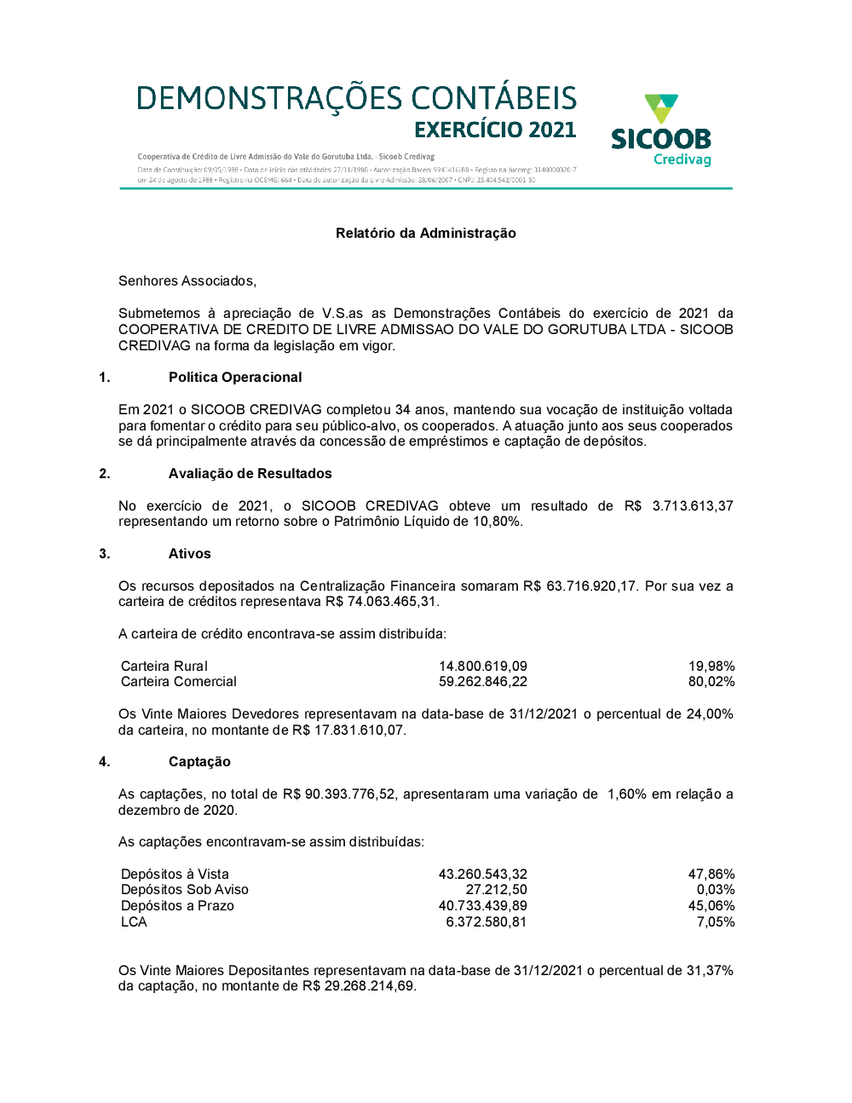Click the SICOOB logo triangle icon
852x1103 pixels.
(x=661, y=109)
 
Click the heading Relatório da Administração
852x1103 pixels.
(x=426, y=234)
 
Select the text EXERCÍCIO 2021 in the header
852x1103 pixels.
(x=495, y=130)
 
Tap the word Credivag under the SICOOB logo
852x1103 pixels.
(x=682, y=159)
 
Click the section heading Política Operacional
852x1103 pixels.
(x=235, y=378)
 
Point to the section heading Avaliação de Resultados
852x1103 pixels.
(x=250, y=474)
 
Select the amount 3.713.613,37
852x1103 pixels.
(x=693, y=506)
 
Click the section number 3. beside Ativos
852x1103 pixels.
(x=105, y=554)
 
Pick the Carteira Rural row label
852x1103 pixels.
(x=164, y=667)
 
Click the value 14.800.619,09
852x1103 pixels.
(x=483, y=667)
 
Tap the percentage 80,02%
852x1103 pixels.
(x=711, y=682)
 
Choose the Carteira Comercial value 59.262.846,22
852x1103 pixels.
(x=483, y=682)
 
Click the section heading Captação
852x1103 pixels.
(x=199, y=762)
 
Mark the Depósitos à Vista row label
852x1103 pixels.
(x=175, y=875)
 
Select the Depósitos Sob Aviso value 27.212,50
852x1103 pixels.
(x=496, y=890)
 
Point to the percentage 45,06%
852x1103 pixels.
(x=711, y=906)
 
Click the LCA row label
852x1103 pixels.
(x=134, y=922)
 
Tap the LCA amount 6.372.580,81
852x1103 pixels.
(x=486, y=922)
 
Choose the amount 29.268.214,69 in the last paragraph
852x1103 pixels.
(x=370, y=986)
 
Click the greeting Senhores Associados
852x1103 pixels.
(x=187, y=281)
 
